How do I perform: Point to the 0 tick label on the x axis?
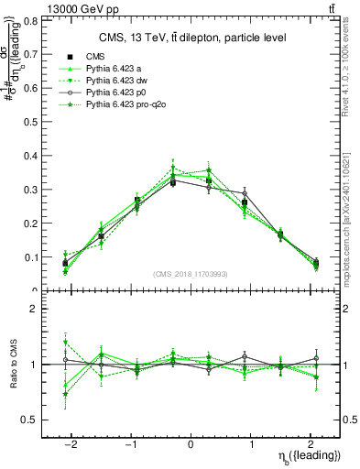(191, 442)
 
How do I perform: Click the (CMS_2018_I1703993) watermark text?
(191, 274)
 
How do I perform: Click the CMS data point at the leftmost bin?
(65, 264)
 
